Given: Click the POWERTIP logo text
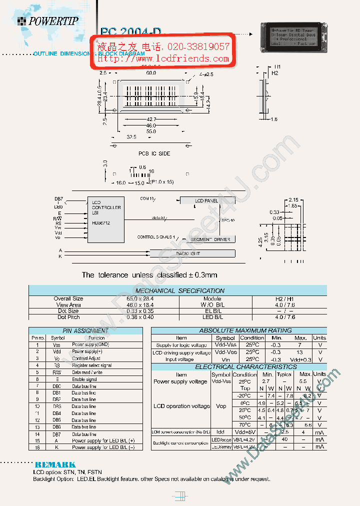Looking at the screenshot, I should (x=53, y=21).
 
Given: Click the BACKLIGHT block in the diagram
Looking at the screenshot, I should (x=187, y=253).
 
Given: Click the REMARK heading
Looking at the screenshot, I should (x=55, y=464).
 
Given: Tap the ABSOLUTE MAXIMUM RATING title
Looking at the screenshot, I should (x=238, y=330).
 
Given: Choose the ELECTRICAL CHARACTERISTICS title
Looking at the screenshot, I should (x=238, y=367).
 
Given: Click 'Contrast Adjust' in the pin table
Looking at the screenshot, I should (x=86, y=358).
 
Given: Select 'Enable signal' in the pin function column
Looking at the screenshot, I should (x=84, y=379).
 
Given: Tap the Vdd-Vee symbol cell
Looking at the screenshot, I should (x=225, y=352).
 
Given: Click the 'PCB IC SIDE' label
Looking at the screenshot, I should (x=154, y=153).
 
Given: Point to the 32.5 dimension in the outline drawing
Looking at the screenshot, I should (x=132, y=137).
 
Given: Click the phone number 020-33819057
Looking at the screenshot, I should (x=198, y=47).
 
